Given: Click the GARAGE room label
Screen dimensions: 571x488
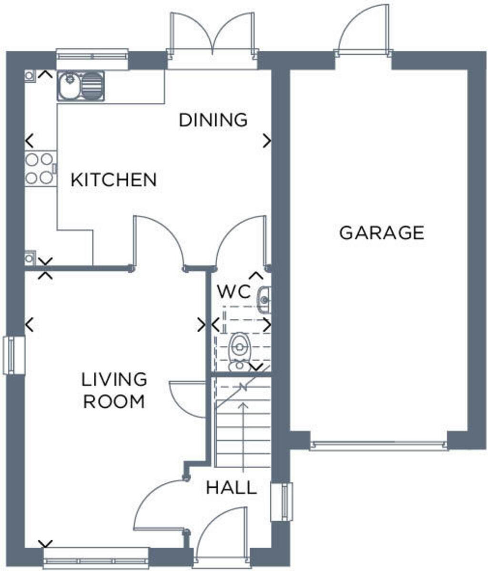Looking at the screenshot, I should click(381, 233).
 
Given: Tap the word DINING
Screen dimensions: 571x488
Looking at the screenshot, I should click(213, 120).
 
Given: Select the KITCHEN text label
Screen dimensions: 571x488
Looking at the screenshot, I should click(113, 180).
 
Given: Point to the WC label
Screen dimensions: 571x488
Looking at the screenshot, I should click(234, 291).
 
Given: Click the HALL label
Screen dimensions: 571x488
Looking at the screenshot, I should click(232, 487).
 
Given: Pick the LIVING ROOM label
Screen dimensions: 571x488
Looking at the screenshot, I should click(114, 390).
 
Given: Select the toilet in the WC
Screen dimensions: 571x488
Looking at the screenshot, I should click(239, 351).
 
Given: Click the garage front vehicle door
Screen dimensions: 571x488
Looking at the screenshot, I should click(379, 445).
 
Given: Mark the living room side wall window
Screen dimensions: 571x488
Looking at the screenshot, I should click(13, 355).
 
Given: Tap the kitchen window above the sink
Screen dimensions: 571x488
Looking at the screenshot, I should click(92, 55).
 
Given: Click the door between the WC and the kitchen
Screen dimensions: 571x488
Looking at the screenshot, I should click(241, 243).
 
